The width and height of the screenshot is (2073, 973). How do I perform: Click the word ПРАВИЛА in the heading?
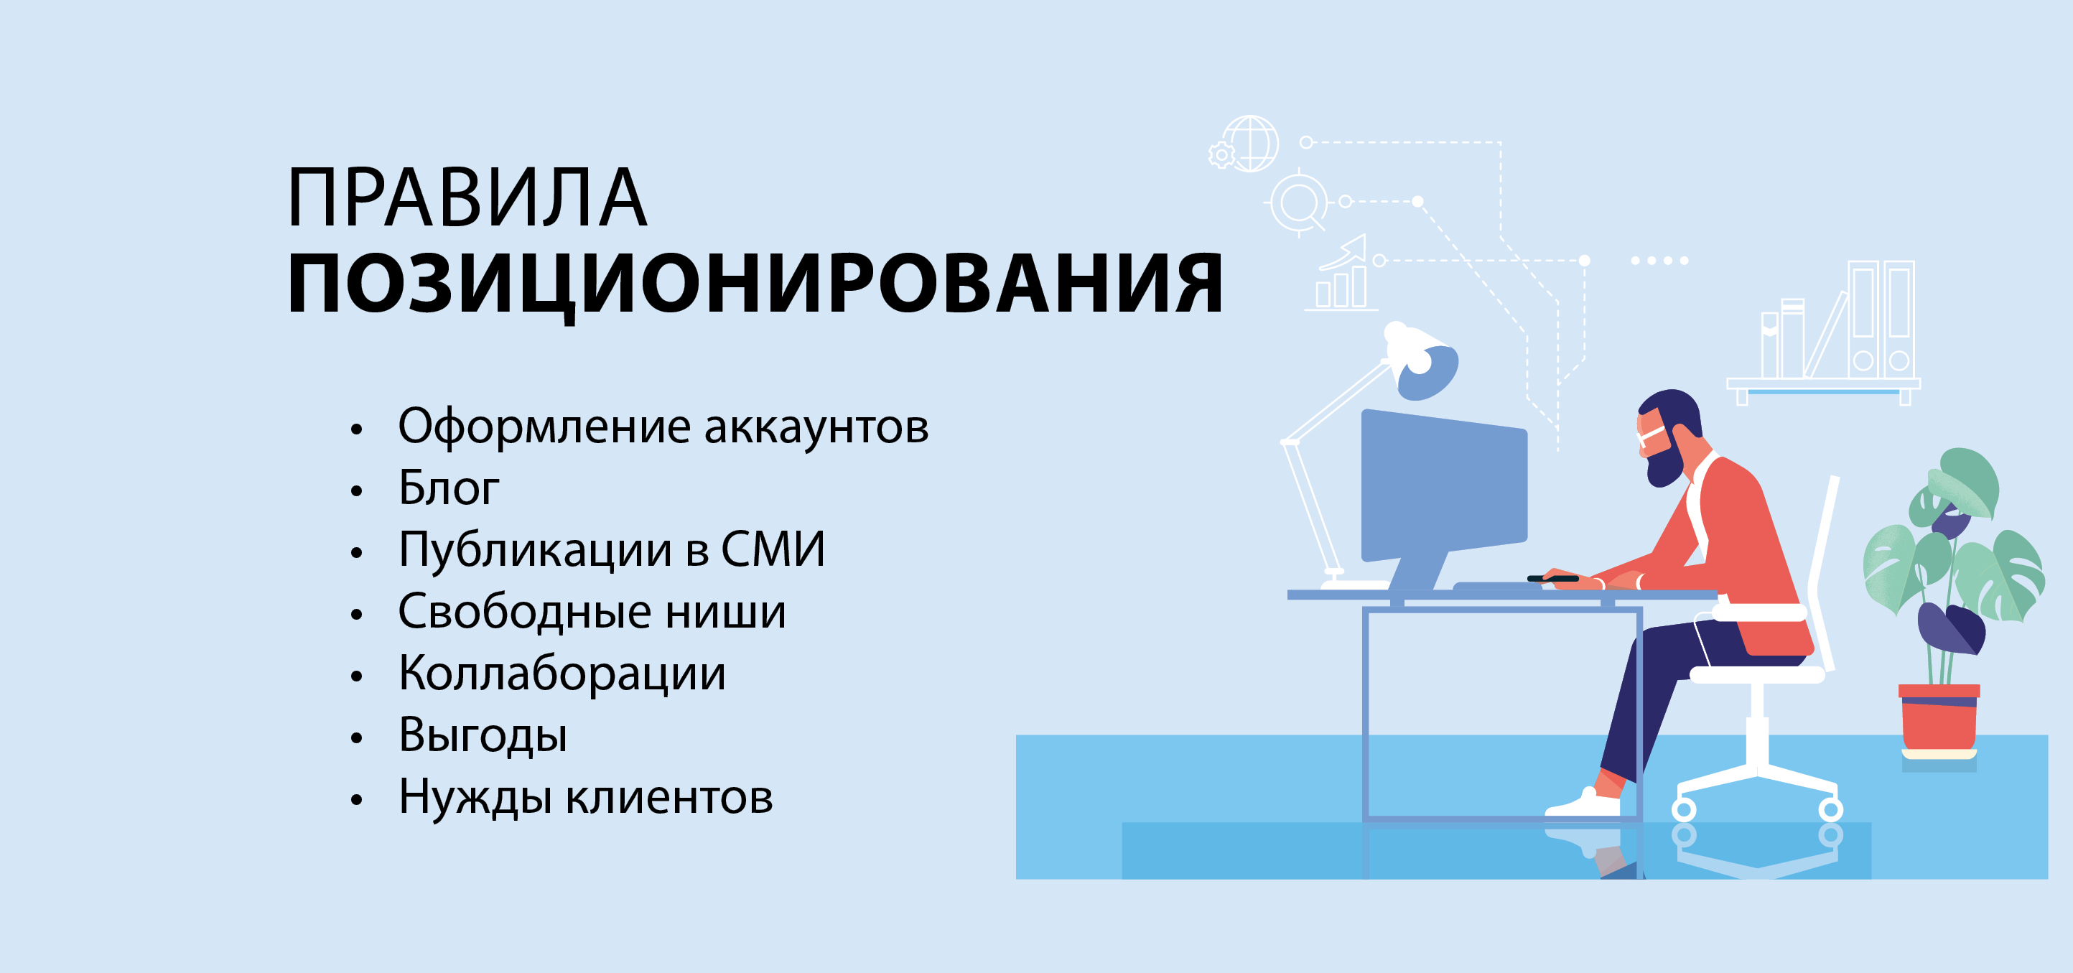pos(467,198)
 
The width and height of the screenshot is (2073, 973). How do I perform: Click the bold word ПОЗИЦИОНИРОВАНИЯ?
pos(755,284)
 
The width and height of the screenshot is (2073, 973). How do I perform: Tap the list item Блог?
pos(449,488)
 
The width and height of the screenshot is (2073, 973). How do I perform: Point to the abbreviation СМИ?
pos(773,549)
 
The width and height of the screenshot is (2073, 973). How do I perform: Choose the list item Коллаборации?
pos(562,674)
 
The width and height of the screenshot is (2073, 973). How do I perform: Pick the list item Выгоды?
pos(483,735)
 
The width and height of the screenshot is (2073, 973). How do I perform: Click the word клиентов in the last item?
pos(669,799)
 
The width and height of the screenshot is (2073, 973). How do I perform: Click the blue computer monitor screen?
pos(1444,486)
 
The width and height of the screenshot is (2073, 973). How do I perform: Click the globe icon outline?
pos(1251,143)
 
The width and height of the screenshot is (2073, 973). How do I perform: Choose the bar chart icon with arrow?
pos(1341,274)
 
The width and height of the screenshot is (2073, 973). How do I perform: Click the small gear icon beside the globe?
pos(1221,154)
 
